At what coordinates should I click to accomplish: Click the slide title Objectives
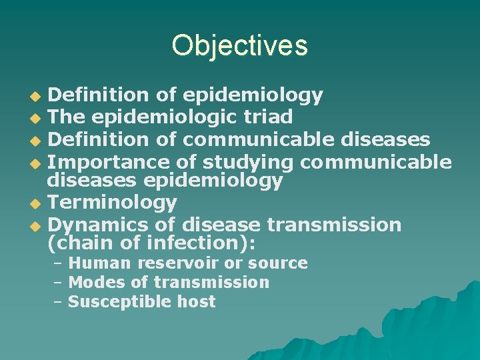[239, 45]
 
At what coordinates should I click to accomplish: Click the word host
[197, 302]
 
